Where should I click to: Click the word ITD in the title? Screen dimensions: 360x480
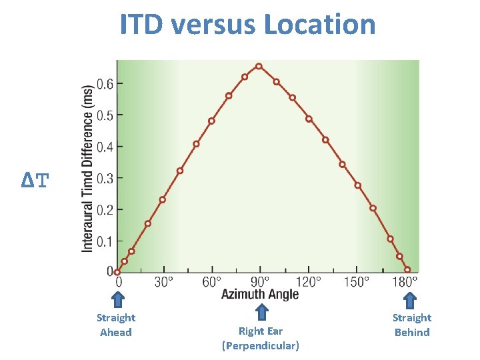coord(142,25)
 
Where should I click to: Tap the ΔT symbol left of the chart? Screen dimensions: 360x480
coord(35,180)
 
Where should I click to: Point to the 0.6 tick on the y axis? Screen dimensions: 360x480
coord(105,83)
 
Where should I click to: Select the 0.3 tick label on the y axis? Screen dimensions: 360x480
coord(105,178)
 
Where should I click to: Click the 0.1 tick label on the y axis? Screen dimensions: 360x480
coord(105,241)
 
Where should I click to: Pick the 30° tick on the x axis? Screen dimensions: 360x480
coord(164,281)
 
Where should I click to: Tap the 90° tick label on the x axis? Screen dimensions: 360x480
coord(260,281)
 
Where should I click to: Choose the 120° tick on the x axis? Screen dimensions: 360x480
coord(309,281)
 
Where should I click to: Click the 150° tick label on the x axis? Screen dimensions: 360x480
coord(357,281)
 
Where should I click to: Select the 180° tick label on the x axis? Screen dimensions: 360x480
coord(405,281)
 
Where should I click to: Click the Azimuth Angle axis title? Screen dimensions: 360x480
coord(260,294)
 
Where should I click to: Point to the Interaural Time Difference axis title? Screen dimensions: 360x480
coord(87,169)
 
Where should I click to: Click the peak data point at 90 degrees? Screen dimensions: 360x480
coord(259,67)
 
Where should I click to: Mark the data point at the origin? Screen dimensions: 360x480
coord(117,272)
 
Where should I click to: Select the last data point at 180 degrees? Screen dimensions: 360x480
coord(407,269)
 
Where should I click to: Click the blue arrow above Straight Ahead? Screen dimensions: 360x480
coord(117,301)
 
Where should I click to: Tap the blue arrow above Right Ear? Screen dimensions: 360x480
coord(262,311)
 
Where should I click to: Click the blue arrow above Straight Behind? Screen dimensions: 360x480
coord(411,301)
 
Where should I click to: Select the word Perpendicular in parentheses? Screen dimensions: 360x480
coord(260,345)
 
